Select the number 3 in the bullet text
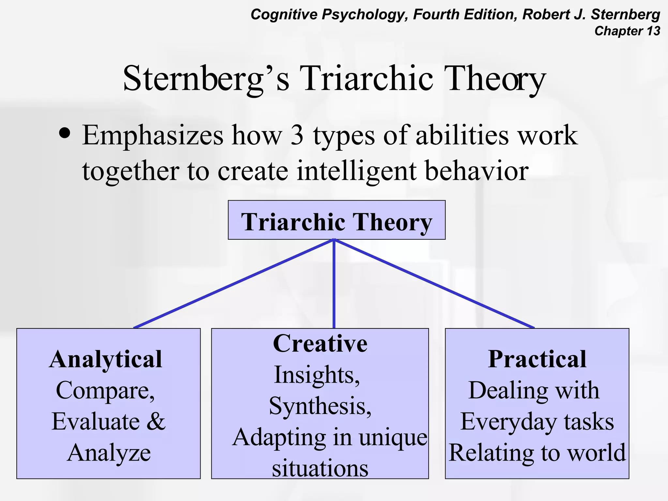pyautogui.click(x=296, y=135)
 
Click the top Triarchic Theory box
pyautogui.click(x=336, y=220)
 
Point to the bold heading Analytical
pyautogui.click(x=106, y=359)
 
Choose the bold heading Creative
pyautogui.click(x=320, y=344)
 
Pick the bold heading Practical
pyautogui.click(x=537, y=359)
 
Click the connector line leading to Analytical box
pyautogui.click(x=234, y=284)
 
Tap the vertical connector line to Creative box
pyautogui.click(x=334, y=284)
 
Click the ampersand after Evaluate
pyautogui.click(x=156, y=421)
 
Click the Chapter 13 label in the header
pyautogui.click(x=627, y=31)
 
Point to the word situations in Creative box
pyautogui.click(x=320, y=468)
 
